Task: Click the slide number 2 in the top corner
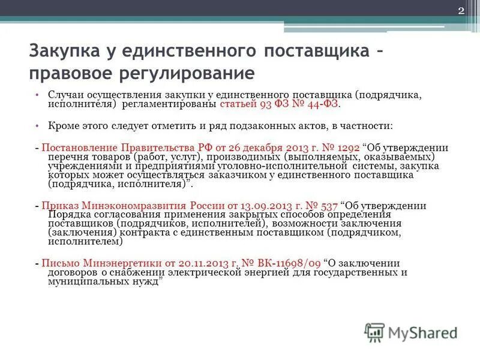click(461, 11)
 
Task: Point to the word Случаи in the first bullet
click(65, 95)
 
